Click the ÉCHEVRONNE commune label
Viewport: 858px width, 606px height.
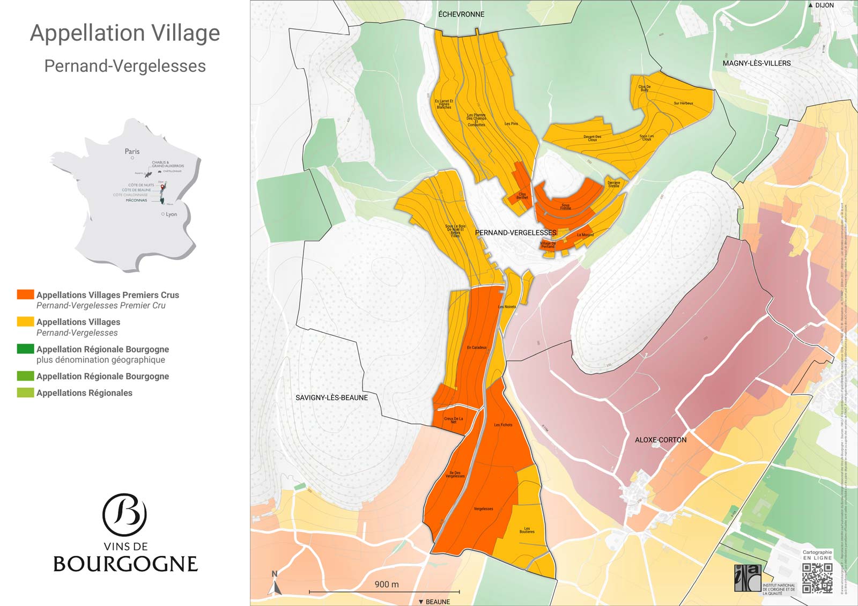(461, 14)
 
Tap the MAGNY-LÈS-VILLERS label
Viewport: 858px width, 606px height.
(756, 63)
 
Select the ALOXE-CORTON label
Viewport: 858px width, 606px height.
(660, 440)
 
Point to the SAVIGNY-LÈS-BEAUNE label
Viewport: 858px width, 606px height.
(331, 397)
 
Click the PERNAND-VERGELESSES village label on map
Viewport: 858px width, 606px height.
(515, 233)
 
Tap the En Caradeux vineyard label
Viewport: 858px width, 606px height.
(476, 348)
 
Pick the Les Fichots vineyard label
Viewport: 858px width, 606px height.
(502, 425)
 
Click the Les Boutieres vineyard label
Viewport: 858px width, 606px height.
(527, 530)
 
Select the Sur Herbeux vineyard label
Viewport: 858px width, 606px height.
(683, 103)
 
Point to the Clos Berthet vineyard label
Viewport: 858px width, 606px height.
(522, 196)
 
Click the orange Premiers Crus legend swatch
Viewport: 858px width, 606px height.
(25, 294)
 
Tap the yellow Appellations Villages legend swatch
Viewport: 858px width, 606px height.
(25, 322)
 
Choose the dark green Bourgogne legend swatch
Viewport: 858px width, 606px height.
(25, 349)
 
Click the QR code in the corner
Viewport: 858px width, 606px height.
(817, 578)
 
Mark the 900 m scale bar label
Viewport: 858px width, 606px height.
(386, 584)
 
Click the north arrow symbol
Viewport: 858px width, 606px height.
(276, 585)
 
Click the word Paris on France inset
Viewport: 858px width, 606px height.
(132, 151)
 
